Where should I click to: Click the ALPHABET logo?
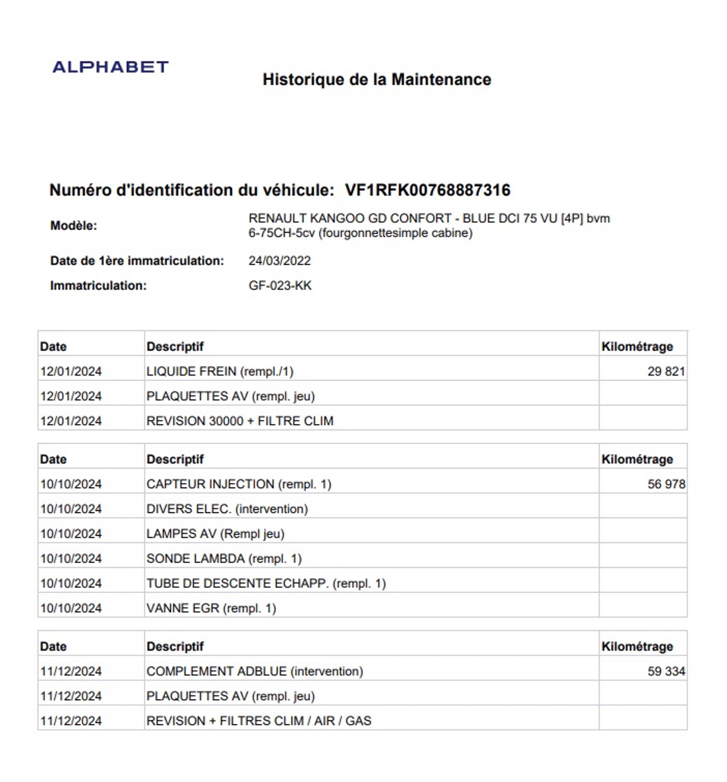point(111,67)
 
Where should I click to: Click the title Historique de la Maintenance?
point(376,80)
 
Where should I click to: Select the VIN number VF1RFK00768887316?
point(427,190)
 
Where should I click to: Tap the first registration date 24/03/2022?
point(279,261)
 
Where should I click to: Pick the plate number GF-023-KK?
point(280,285)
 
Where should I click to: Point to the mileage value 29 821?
point(666,371)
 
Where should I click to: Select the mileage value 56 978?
point(666,484)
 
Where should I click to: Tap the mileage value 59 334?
point(666,671)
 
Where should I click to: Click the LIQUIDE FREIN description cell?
point(220,371)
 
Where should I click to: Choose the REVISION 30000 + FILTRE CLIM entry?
point(240,421)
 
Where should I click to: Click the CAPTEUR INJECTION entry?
point(239,484)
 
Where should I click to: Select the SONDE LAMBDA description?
point(224,559)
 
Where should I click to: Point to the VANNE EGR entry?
point(211,608)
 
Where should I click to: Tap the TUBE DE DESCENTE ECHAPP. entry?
point(266,583)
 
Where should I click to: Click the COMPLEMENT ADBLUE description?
point(254,671)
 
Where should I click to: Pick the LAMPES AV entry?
point(215,534)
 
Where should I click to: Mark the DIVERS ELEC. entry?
point(227,509)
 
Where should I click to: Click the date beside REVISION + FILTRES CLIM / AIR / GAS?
point(71,721)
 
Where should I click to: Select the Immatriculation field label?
point(98,285)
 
